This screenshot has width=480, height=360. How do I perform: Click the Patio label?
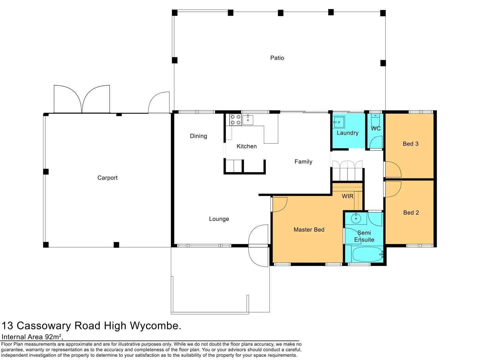(277, 58)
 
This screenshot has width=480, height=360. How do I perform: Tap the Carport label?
(107, 178)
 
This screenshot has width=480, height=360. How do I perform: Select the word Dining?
(198, 136)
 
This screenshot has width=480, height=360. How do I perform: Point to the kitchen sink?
(248, 120)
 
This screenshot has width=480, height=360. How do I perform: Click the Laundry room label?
(347, 133)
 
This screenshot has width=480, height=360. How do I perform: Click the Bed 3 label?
(410, 144)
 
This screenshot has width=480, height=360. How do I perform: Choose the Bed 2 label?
(411, 213)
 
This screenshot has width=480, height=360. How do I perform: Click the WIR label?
(347, 196)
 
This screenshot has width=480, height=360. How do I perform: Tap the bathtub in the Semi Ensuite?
(367, 254)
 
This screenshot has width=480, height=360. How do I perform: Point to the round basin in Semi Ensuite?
(356, 219)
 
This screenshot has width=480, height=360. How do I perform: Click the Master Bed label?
(309, 230)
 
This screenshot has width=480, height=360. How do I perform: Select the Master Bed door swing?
(279, 204)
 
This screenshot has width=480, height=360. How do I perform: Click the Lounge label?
(219, 219)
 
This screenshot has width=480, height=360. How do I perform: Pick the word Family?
(303, 162)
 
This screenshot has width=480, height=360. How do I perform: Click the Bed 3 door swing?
(393, 169)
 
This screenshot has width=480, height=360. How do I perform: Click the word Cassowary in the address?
(44, 326)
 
